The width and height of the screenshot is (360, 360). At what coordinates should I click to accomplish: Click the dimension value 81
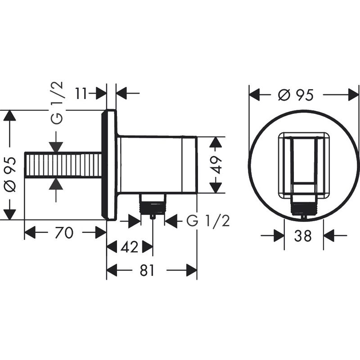(x=146, y=270)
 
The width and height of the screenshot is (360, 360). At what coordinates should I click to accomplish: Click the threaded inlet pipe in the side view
(x=63, y=166)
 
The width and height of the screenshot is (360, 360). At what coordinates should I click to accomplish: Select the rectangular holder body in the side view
(x=157, y=164)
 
